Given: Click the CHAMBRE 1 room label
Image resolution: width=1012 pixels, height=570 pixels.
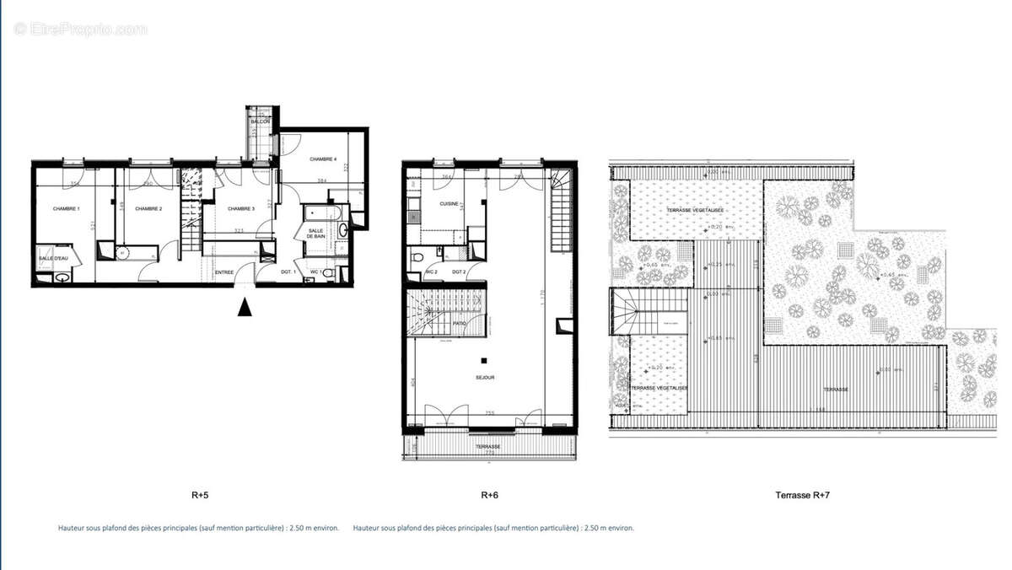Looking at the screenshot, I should point(66,208).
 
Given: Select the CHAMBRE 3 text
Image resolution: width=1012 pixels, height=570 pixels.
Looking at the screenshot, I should point(240,208).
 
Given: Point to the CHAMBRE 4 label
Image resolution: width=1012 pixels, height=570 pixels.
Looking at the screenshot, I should point(323,159).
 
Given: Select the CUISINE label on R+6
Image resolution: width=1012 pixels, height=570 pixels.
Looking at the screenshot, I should point(449,204).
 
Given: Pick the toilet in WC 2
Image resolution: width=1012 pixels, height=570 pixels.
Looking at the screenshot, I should point(417,256).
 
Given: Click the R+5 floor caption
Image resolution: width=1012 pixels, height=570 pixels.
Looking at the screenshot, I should point(201,496).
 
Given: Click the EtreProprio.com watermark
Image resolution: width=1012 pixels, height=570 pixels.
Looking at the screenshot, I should point(80,29).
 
